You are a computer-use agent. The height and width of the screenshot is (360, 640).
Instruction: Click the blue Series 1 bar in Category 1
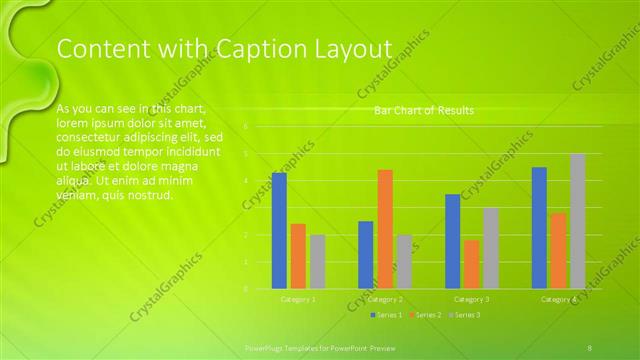(279, 230)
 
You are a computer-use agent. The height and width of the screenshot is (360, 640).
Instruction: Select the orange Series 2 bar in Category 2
(385, 229)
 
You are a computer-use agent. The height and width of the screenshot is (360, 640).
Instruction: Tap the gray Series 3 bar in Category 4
(577, 221)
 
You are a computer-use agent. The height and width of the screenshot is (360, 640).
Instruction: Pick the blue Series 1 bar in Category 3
(452, 241)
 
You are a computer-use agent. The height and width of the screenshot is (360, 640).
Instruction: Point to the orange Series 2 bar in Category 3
(471, 264)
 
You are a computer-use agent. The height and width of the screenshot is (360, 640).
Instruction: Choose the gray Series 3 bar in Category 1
(317, 261)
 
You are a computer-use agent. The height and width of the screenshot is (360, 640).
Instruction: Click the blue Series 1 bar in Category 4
(539, 227)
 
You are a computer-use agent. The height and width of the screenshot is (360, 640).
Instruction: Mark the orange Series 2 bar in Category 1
(298, 256)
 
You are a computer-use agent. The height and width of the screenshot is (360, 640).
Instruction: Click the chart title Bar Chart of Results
(424, 110)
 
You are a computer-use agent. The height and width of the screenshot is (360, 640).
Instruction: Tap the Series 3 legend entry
(465, 315)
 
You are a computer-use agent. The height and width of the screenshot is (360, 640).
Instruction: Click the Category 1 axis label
(298, 299)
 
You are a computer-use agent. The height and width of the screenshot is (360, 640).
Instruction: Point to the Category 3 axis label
(471, 299)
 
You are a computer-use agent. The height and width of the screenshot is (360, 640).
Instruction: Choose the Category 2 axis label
(385, 299)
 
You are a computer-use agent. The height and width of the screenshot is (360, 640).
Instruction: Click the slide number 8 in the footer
(590, 346)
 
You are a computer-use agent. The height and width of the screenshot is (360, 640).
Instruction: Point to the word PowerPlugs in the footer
(265, 346)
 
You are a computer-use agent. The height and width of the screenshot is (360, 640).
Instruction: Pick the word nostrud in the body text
(151, 195)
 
